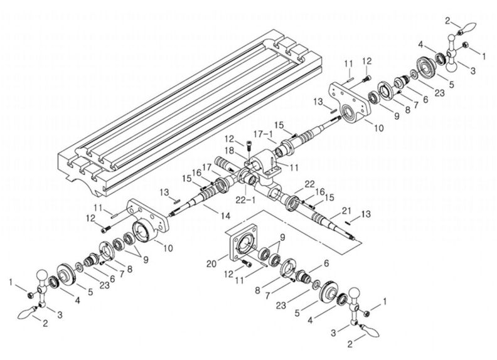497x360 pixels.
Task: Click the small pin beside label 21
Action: point(352,219)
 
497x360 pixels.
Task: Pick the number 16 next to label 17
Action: point(196,172)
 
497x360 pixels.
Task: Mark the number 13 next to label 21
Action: point(366,214)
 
